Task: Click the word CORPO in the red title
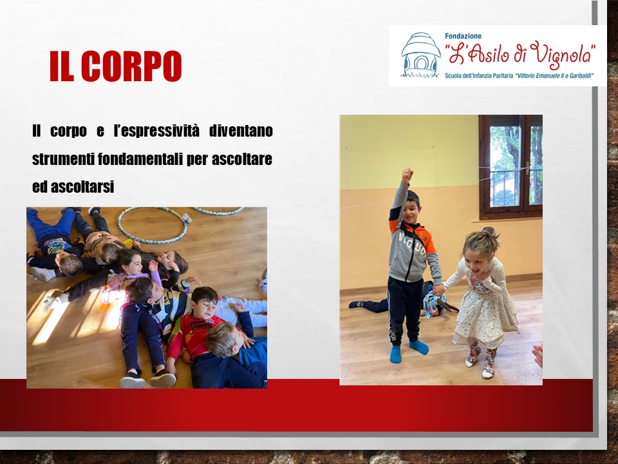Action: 131,66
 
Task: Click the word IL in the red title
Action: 62,66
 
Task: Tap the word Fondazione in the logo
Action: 463,36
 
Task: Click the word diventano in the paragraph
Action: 241,131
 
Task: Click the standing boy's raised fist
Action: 407,175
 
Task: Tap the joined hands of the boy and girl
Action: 438,289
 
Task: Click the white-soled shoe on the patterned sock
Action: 488,372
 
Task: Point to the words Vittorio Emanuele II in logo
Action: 539,75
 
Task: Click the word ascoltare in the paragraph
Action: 242,159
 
